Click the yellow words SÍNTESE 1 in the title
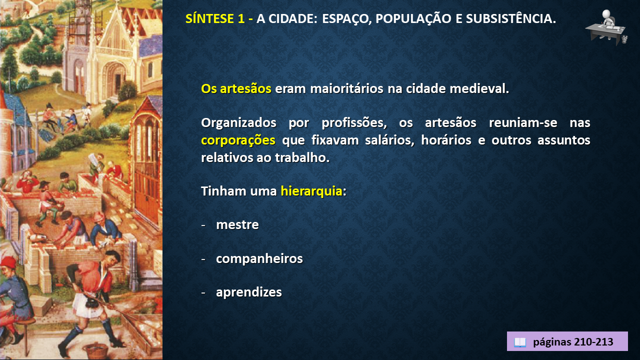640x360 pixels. click(215, 18)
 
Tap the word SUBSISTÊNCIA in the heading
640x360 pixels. click(511, 18)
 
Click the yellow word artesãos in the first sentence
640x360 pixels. click(245, 88)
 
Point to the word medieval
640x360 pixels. click(479, 88)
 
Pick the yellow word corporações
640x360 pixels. click(238, 140)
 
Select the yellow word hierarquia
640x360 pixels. click(311, 191)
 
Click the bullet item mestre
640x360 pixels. click(237, 225)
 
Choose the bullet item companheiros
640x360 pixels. click(259, 259)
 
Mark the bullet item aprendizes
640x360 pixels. click(248, 292)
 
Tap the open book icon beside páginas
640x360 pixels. click(519, 342)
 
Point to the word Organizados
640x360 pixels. click(238, 123)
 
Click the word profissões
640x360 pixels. click(354, 123)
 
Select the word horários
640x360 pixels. click(446, 140)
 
